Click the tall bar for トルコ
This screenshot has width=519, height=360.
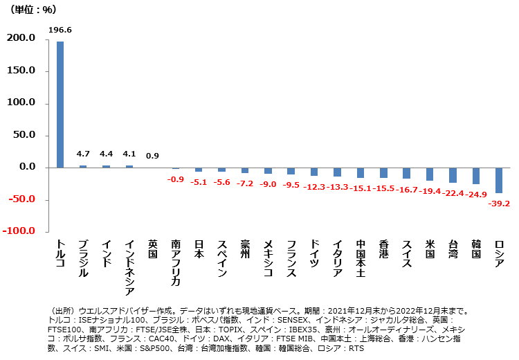pyautogui.click(x=60, y=104)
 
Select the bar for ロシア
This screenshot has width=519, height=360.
pyautogui.click(x=499, y=180)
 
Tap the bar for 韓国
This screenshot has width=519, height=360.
pyautogui.click(x=476, y=176)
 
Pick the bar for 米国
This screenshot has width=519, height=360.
pyautogui.click(x=430, y=174)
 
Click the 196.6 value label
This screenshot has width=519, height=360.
pyautogui.click(x=60, y=30)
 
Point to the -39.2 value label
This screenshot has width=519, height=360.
pyautogui.click(x=499, y=204)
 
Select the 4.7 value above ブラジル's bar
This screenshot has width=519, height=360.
pyautogui.click(x=83, y=154)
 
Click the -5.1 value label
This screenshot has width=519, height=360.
pyautogui.click(x=199, y=182)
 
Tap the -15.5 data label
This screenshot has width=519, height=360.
pyautogui.click(x=383, y=188)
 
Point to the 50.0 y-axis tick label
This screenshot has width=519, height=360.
pyautogui.click(x=25, y=135)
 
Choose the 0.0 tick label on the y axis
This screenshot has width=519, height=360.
pyautogui.click(x=28, y=168)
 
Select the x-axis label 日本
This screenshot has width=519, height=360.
pyautogui.click(x=199, y=249)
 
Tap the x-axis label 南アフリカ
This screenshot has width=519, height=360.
pyautogui.click(x=176, y=263)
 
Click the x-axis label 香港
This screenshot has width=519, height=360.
pyautogui.click(x=383, y=249)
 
